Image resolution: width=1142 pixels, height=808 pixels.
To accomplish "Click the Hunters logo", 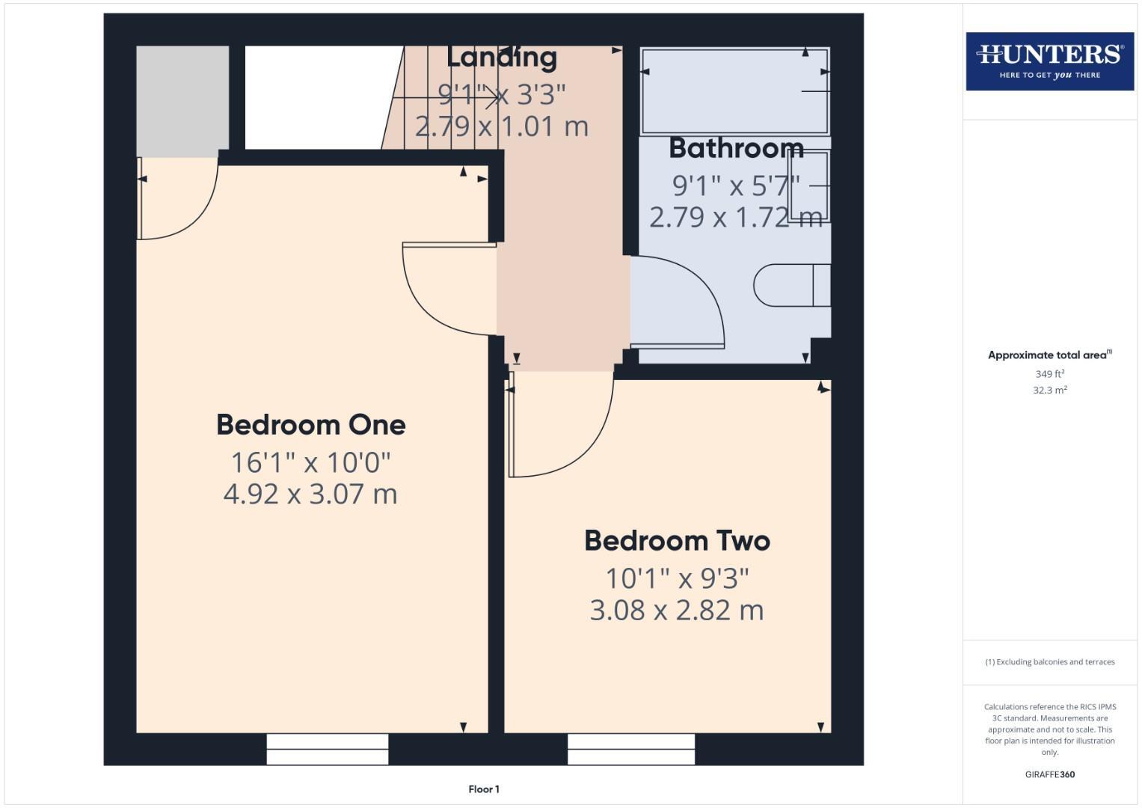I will click(1049, 61).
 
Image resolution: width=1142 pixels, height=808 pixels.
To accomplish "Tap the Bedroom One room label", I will click(310, 425).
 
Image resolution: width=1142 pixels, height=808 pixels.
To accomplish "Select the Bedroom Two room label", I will click(677, 541).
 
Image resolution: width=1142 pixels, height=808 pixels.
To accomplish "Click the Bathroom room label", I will click(736, 148).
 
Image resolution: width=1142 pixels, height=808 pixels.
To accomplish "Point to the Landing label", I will click(502, 57).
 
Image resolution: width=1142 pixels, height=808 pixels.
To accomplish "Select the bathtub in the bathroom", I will click(734, 91).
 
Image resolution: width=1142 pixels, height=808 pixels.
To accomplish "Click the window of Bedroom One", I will click(328, 748).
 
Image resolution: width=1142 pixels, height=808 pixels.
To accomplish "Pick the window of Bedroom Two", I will click(631, 748).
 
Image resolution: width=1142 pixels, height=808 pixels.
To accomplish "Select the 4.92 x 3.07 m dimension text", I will click(310, 494).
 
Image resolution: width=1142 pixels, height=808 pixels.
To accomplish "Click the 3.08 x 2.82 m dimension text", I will click(677, 610).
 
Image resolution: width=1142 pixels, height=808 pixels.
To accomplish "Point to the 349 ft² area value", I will click(1049, 374).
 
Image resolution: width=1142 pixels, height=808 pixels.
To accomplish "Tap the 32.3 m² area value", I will click(1049, 391).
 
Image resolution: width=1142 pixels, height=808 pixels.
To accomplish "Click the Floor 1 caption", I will click(484, 789).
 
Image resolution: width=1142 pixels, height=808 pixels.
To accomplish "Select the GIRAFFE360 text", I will click(1049, 775).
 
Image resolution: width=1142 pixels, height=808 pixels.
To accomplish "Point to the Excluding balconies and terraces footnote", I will click(1049, 662).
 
